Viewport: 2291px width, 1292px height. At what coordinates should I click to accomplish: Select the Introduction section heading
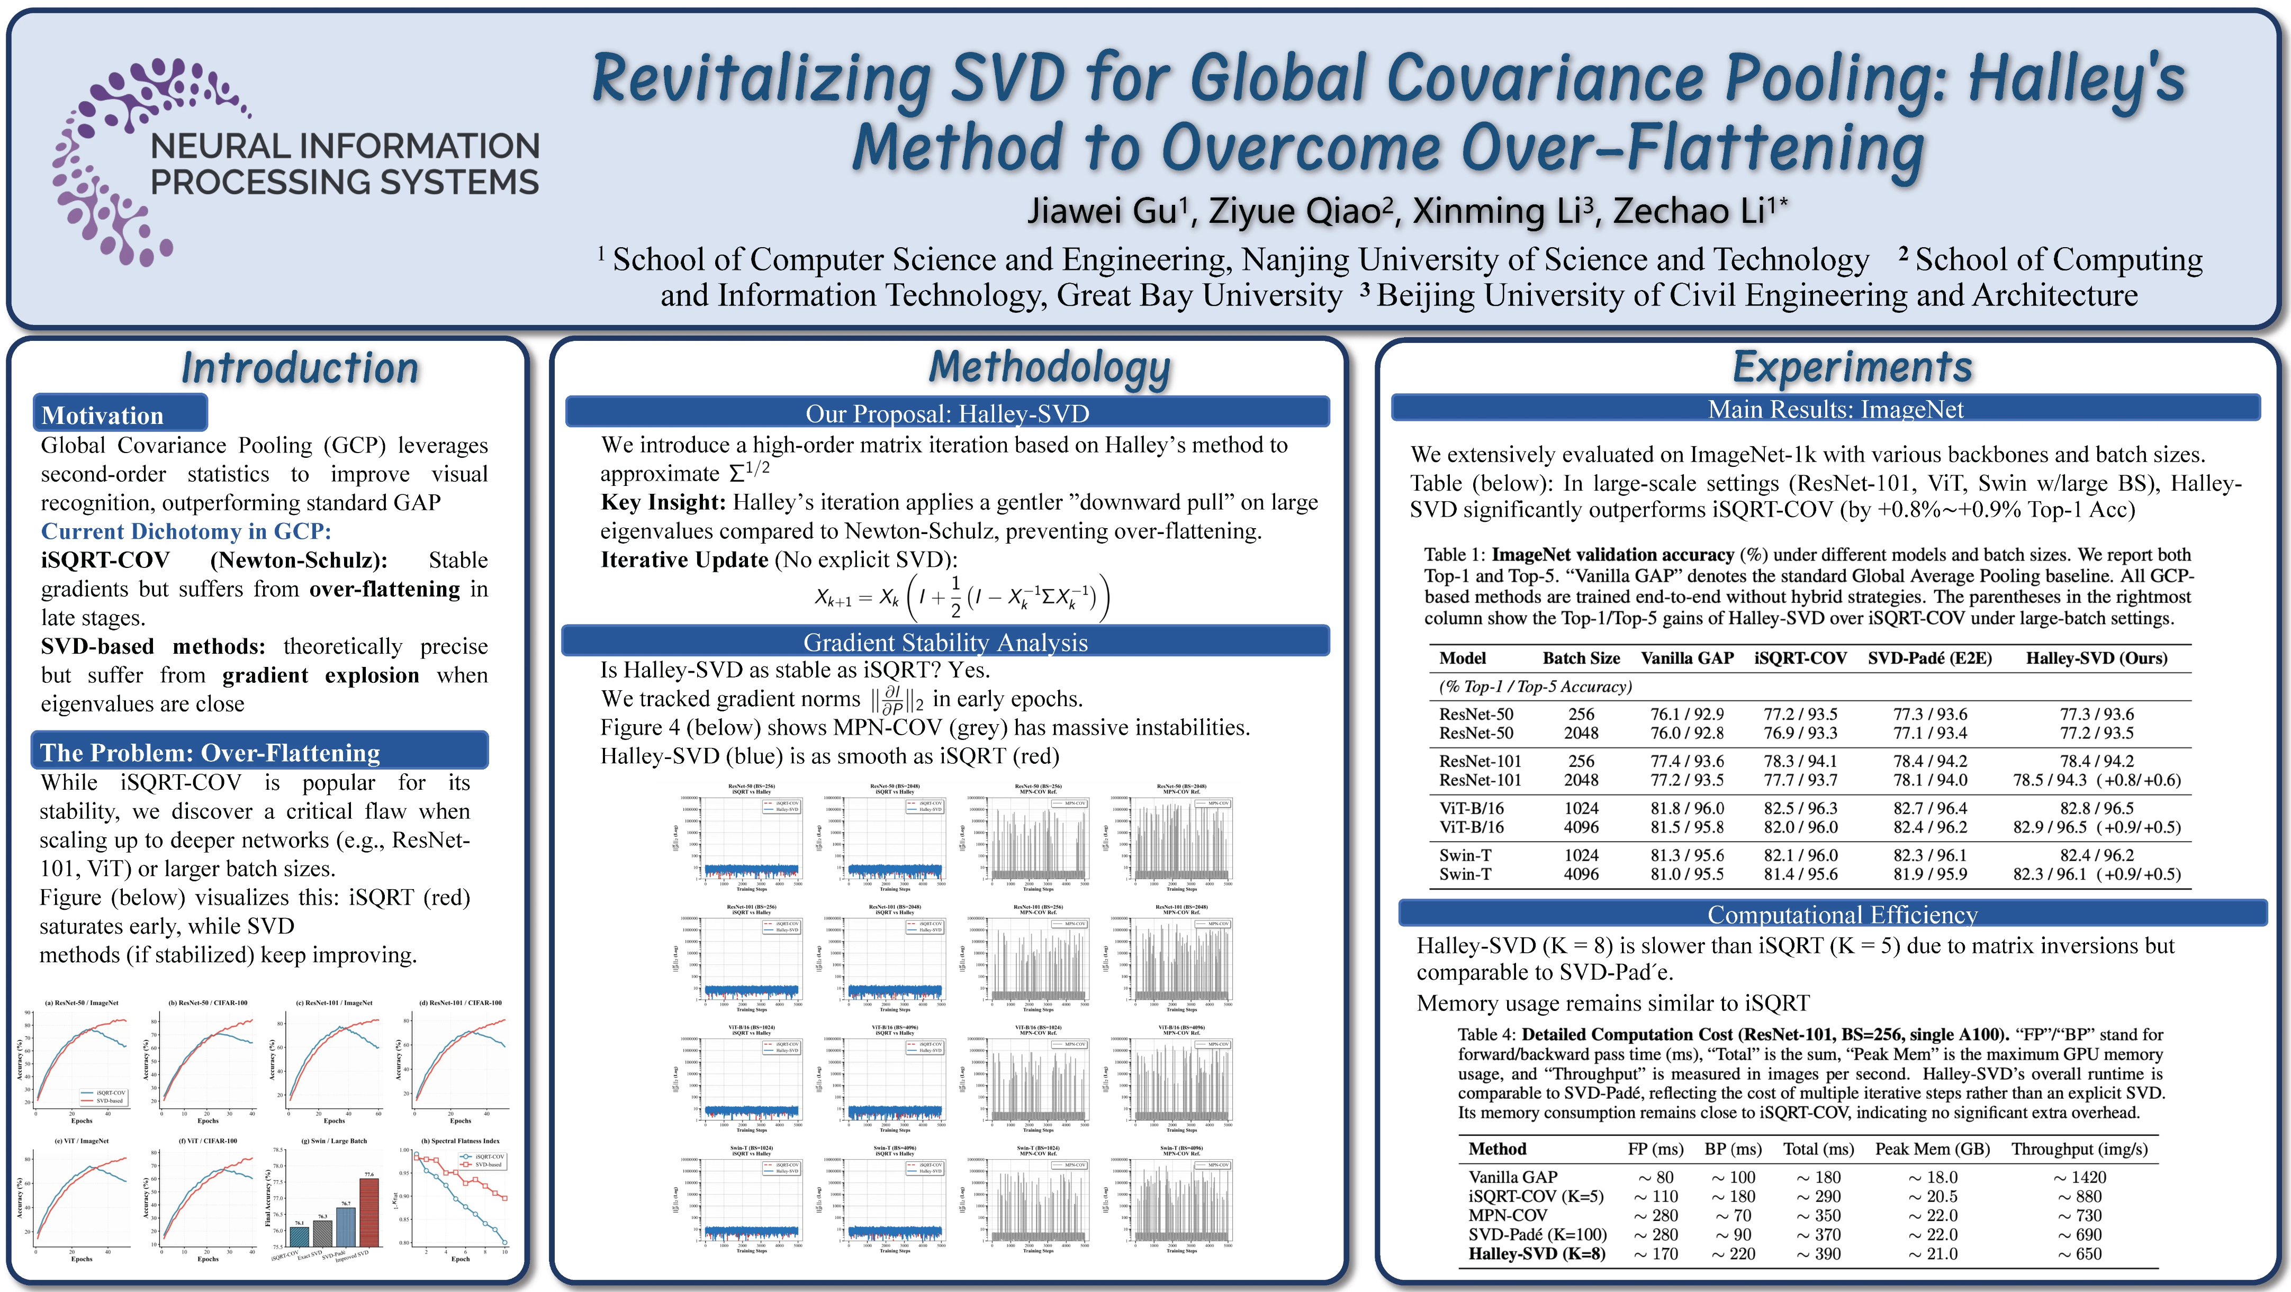(x=300, y=368)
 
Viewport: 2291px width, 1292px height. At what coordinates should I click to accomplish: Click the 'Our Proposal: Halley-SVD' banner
(x=947, y=413)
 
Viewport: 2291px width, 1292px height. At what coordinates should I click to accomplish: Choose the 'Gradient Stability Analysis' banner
(x=945, y=642)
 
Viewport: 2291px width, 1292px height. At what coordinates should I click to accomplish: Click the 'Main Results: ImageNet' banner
(x=1836, y=409)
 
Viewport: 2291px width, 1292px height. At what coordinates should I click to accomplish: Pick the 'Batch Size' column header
(x=1581, y=658)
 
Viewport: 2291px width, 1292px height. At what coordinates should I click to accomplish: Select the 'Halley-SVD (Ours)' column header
(x=2096, y=658)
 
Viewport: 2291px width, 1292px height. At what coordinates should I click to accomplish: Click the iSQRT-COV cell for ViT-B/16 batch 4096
(x=1800, y=827)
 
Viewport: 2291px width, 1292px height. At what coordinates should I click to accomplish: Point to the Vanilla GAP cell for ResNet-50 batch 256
(x=1686, y=714)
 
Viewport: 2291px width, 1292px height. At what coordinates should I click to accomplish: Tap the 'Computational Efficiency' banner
(x=1842, y=914)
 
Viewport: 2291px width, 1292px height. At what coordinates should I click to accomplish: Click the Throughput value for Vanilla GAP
(x=2079, y=1177)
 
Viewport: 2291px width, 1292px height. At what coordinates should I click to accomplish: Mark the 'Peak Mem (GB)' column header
(x=1932, y=1149)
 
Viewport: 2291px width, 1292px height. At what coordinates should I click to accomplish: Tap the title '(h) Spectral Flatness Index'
(x=460, y=1141)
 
